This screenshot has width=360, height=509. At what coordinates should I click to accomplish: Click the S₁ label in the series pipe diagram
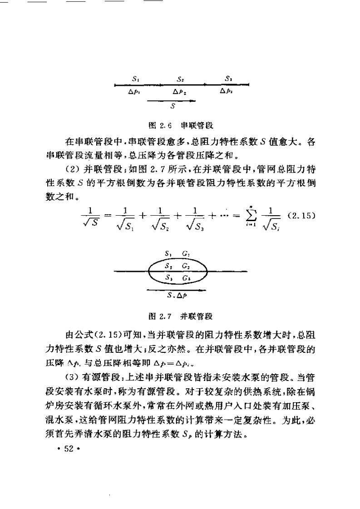point(135,79)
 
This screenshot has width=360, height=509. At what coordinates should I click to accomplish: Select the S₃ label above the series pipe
point(228,79)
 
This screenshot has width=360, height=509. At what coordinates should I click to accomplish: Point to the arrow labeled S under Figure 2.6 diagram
point(173,102)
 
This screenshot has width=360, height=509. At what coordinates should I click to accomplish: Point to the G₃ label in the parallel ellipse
point(186,277)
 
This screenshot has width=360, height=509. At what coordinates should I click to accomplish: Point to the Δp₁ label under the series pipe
point(134,91)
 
